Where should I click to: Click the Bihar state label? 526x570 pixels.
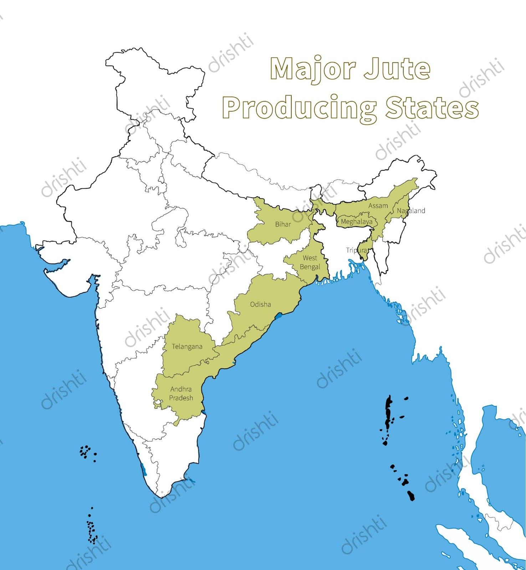[283, 224]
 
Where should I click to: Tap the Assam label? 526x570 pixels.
[378, 206]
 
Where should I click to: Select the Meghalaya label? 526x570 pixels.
[356, 222]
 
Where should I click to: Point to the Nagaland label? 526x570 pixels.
[411, 211]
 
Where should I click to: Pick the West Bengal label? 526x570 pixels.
[310, 262]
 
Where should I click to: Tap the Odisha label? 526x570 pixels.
[260, 304]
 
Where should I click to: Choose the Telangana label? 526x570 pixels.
[187, 346]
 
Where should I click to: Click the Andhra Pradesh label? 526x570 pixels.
[181, 393]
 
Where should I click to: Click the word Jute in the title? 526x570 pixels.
[397, 69]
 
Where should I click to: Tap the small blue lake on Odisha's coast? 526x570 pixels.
[280, 315]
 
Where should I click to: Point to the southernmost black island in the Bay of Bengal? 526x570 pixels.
[411, 496]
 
